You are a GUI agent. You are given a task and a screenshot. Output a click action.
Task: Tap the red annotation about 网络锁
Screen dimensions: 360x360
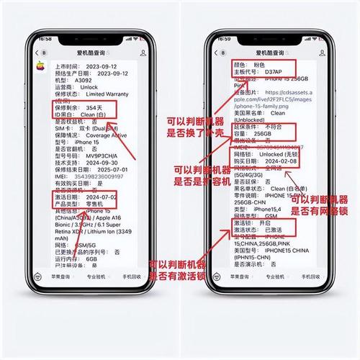[320, 205]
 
